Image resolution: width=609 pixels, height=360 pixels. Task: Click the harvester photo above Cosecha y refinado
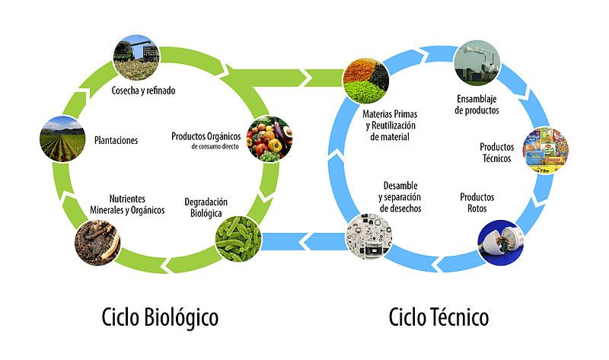[136, 58]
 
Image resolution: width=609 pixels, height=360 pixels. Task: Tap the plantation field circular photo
[62, 139]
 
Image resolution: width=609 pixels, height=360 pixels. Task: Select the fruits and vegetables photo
[269, 139]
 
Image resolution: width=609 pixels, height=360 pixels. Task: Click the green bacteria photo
[238, 238]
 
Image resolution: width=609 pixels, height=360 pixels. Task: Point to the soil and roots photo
[97, 243]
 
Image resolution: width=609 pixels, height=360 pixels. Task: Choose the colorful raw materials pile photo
[366, 81]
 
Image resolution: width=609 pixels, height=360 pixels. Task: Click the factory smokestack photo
[477, 63]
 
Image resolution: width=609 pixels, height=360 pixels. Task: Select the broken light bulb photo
[501, 243]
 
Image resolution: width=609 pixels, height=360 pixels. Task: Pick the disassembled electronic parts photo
[369, 237]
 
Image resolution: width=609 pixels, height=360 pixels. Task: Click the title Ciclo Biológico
[160, 317]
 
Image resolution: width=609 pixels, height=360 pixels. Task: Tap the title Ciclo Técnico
[439, 317]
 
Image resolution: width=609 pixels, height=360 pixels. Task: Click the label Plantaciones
[116, 140]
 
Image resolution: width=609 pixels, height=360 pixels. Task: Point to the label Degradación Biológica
[206, 207]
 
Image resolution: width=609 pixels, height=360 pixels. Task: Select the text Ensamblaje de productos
[477, 105]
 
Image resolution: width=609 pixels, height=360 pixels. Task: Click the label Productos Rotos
[477, 202]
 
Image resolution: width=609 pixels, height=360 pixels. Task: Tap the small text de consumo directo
[215, 147]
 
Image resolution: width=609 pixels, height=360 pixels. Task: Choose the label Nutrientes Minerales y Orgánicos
[127, 205]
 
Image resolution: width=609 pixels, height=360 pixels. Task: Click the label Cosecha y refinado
[143, 91]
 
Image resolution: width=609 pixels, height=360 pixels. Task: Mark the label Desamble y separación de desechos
[400, 197]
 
